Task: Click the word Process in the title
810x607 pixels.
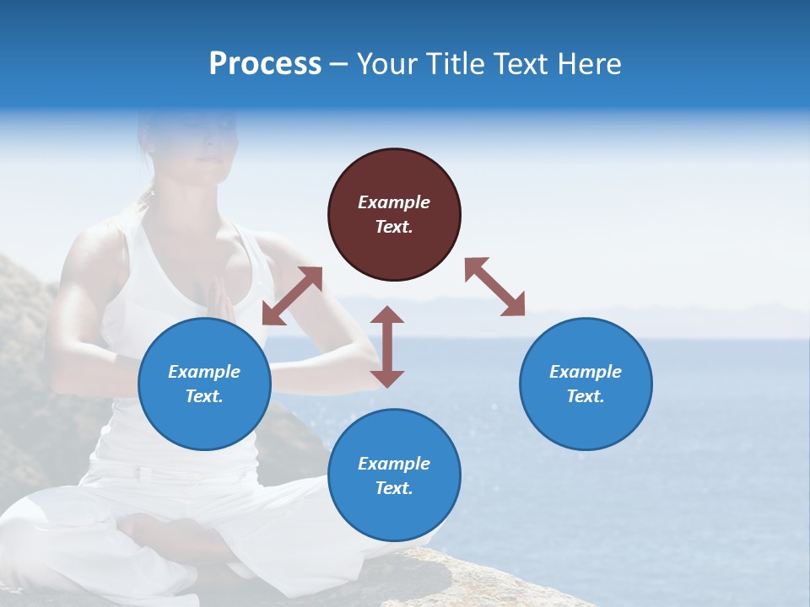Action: (265, 64)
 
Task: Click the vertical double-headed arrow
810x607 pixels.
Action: (387, 346)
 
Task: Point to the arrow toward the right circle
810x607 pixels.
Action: (494, 287)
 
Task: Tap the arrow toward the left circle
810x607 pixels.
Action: (292, 296)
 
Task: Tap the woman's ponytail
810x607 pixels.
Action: (149, 199)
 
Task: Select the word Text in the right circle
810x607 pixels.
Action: (586, 396)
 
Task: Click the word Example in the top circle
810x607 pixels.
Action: (394, 202)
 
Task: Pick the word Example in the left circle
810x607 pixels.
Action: (204, 372)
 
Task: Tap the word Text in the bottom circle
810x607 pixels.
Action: (394, 488)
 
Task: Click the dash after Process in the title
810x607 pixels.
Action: (339, 64)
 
